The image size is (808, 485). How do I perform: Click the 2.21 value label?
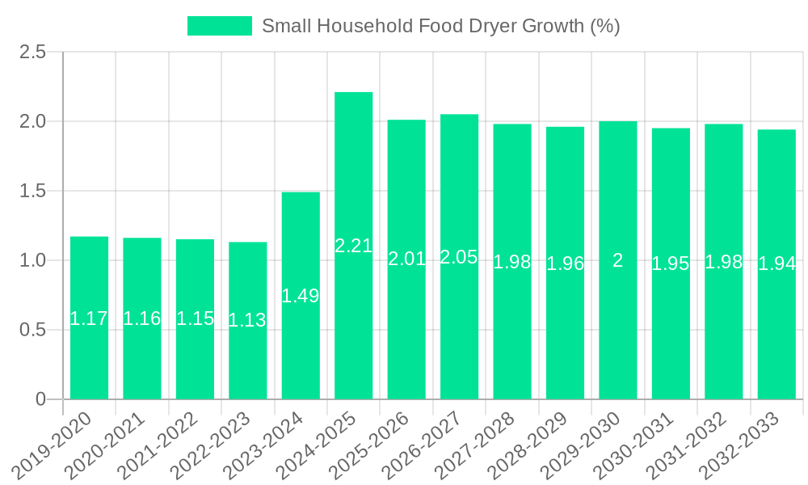[354, 246]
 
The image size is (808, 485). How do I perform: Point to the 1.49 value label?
[301, 296]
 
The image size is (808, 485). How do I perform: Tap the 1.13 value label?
[247, 320]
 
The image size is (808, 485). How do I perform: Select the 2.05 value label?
[459, 257]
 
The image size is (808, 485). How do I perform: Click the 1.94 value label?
[776, 264]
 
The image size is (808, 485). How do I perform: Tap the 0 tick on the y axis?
[41, 399]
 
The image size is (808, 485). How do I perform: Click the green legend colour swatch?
[220, 26]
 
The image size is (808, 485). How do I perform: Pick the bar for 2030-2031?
[671, 323]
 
